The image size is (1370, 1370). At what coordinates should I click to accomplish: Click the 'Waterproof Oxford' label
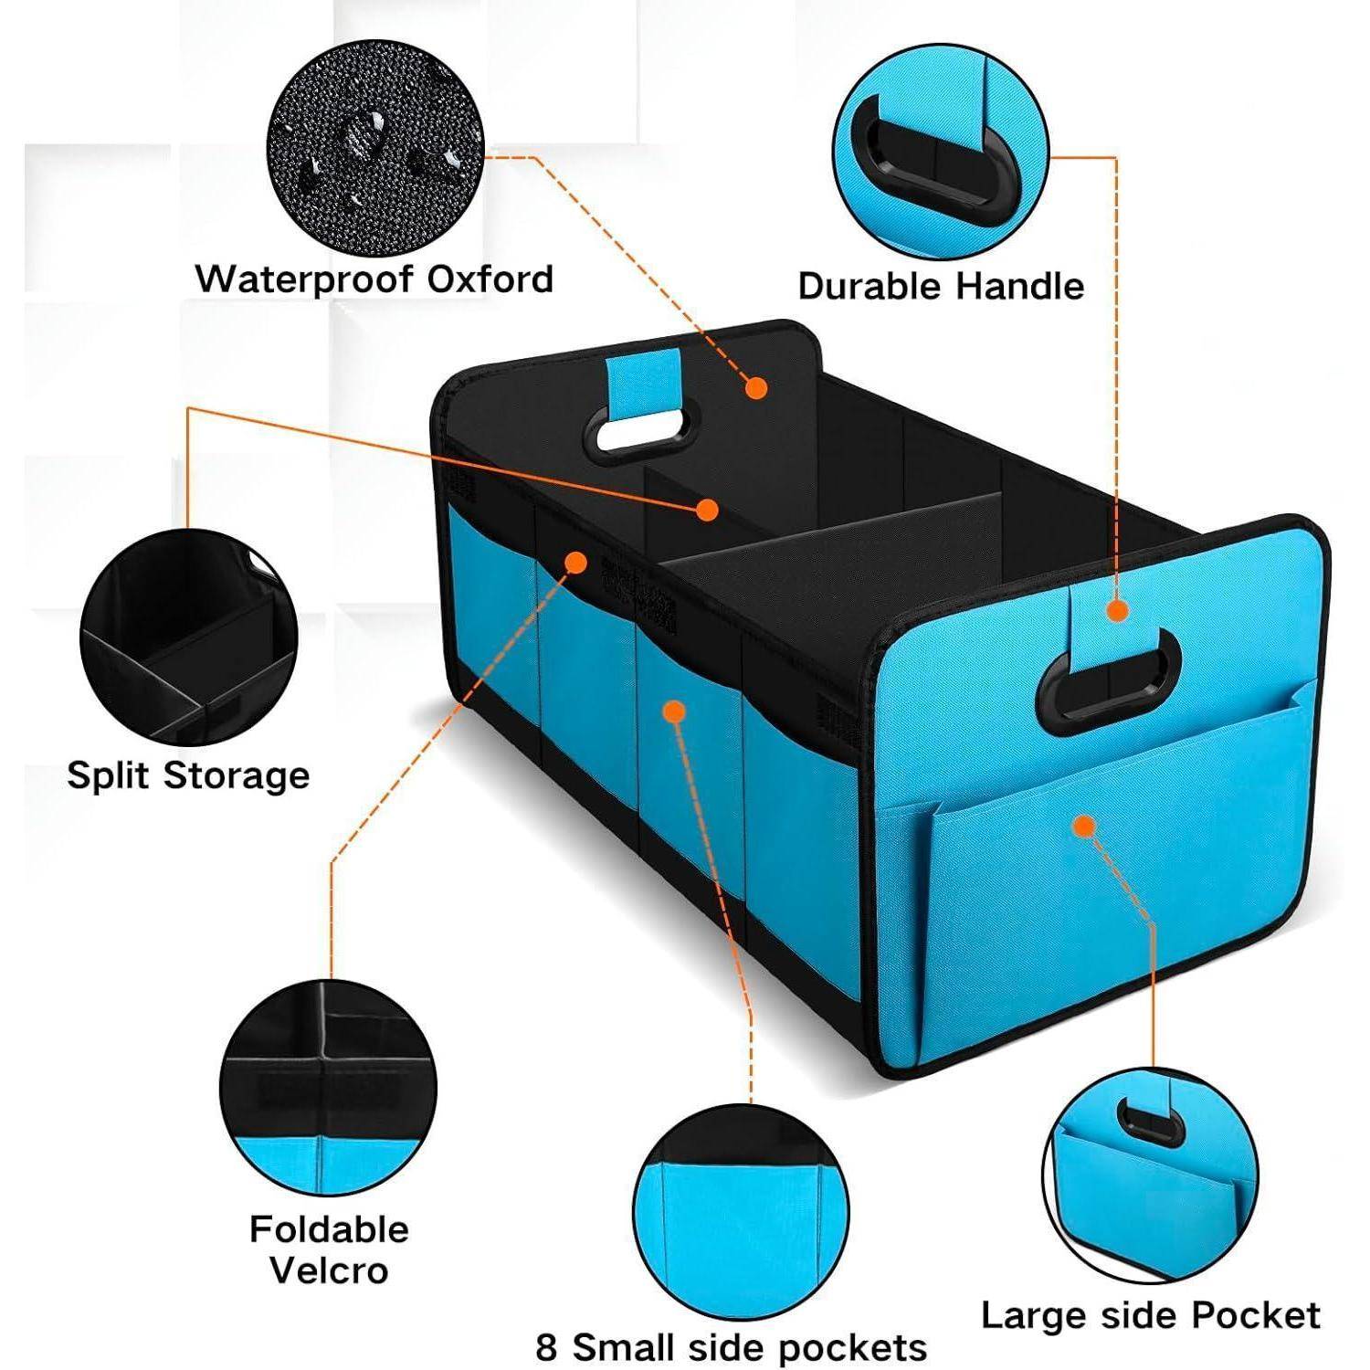point(374,279)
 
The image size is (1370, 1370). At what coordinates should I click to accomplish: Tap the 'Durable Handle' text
point(941,286)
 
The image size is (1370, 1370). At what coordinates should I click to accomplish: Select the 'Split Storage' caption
point(188,775)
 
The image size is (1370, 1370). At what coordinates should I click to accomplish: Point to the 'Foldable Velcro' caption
point(329,1249)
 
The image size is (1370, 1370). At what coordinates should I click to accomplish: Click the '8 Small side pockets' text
point(731,1347)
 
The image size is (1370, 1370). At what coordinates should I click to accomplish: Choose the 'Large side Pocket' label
point(1150,1315)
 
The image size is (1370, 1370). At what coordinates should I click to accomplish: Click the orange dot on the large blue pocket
point(1084,827)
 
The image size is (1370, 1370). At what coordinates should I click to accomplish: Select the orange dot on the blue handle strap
point(1117,611)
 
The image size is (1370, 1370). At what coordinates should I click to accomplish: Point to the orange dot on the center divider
point(706,509)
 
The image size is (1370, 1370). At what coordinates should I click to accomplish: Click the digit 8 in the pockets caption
point(546,1347)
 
